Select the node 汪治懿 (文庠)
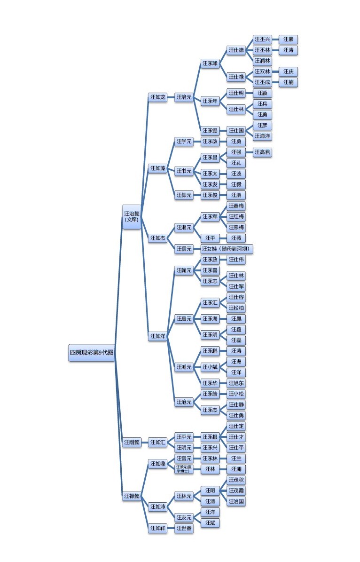coord(132,216)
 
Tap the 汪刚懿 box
coord(132,443)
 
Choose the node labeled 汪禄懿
coord(132,496)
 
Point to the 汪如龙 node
coord(157,97)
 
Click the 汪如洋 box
coord(157,336)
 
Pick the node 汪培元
coord(184,97)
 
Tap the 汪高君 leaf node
coord(262,152)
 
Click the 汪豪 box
coord(288,40)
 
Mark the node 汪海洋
coord(262,136)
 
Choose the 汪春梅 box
coord(236,206)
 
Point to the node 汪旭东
coord(236,383)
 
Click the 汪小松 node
coord(236,394)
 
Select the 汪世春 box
coord(184,529)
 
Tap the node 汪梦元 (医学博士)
coord(184,469)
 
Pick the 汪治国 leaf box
coord(236,501)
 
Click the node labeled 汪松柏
coord(236,308)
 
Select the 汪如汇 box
coord(157,443)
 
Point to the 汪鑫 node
coord(236,330)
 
